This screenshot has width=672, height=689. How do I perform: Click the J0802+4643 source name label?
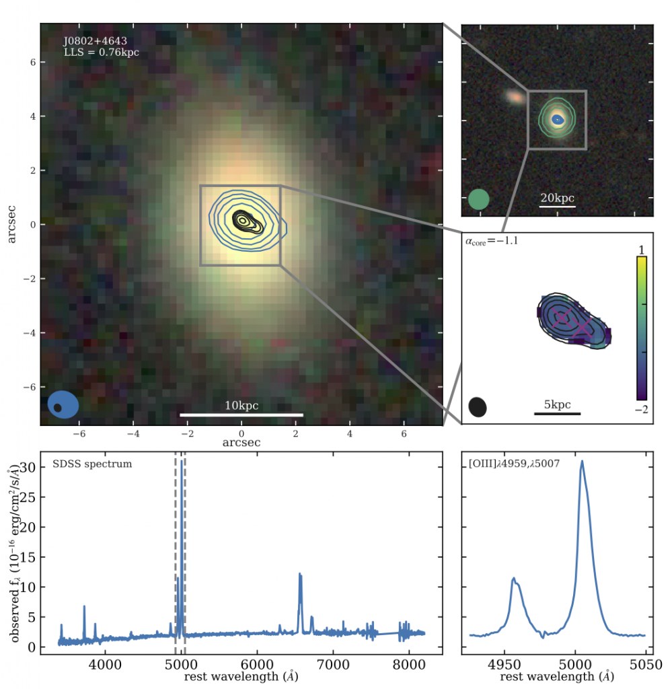point(95,41)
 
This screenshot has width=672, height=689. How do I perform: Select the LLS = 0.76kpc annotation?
point(101,52)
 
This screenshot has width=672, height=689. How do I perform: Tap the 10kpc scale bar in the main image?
point(241,414)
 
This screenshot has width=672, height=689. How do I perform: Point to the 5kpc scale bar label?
point(557,404)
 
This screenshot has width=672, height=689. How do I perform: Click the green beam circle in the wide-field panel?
point(478,199)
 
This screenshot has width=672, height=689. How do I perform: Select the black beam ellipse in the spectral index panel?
point(478,406)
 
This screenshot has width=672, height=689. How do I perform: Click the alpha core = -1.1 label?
point(493,240)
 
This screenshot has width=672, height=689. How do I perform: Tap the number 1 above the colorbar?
point(641,250)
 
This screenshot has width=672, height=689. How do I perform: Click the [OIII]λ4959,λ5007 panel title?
point(514,464)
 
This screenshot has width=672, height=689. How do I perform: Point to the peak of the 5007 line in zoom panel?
point(582,462)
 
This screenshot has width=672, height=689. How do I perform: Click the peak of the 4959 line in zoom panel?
point(514,578)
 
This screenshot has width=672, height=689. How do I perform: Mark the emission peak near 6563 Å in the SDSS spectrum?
point(300,574)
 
